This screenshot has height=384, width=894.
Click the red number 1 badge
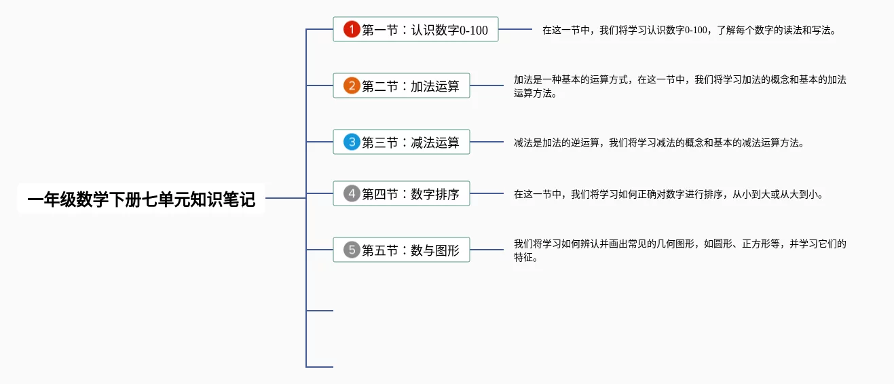[x=352, y=29]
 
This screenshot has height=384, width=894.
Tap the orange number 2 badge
[x=352, y=85]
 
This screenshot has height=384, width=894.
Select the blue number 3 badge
[x=352, y=142]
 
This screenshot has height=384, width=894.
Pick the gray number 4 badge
[x=352, y=193]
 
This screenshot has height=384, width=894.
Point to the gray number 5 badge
[x=352, y=250]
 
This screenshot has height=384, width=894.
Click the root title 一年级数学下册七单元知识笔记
[x=141, y=199]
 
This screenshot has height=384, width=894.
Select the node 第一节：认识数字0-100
[x=415, y=29]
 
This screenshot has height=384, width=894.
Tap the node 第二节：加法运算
[x=401, y=85]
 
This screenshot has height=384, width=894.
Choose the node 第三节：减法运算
[x=401, y=142]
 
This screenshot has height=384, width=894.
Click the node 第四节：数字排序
[x=401, y=193]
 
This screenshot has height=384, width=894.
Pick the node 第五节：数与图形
[x=401, y=250]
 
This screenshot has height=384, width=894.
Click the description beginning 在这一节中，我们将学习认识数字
[x=689, y=30]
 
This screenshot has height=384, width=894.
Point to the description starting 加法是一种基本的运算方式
[x=679, y=86]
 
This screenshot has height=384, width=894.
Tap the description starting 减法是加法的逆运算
[x=659, y=142]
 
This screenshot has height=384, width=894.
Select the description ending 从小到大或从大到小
[x=669, y=194]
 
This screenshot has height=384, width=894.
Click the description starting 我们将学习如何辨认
[x=679, y=250]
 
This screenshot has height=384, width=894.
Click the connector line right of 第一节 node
[x=515, y=29]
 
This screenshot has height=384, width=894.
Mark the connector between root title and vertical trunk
[x=286, y=198]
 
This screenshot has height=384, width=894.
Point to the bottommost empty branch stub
[x=320, y=367]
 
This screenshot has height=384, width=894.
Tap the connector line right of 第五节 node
[x=487, y=250]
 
